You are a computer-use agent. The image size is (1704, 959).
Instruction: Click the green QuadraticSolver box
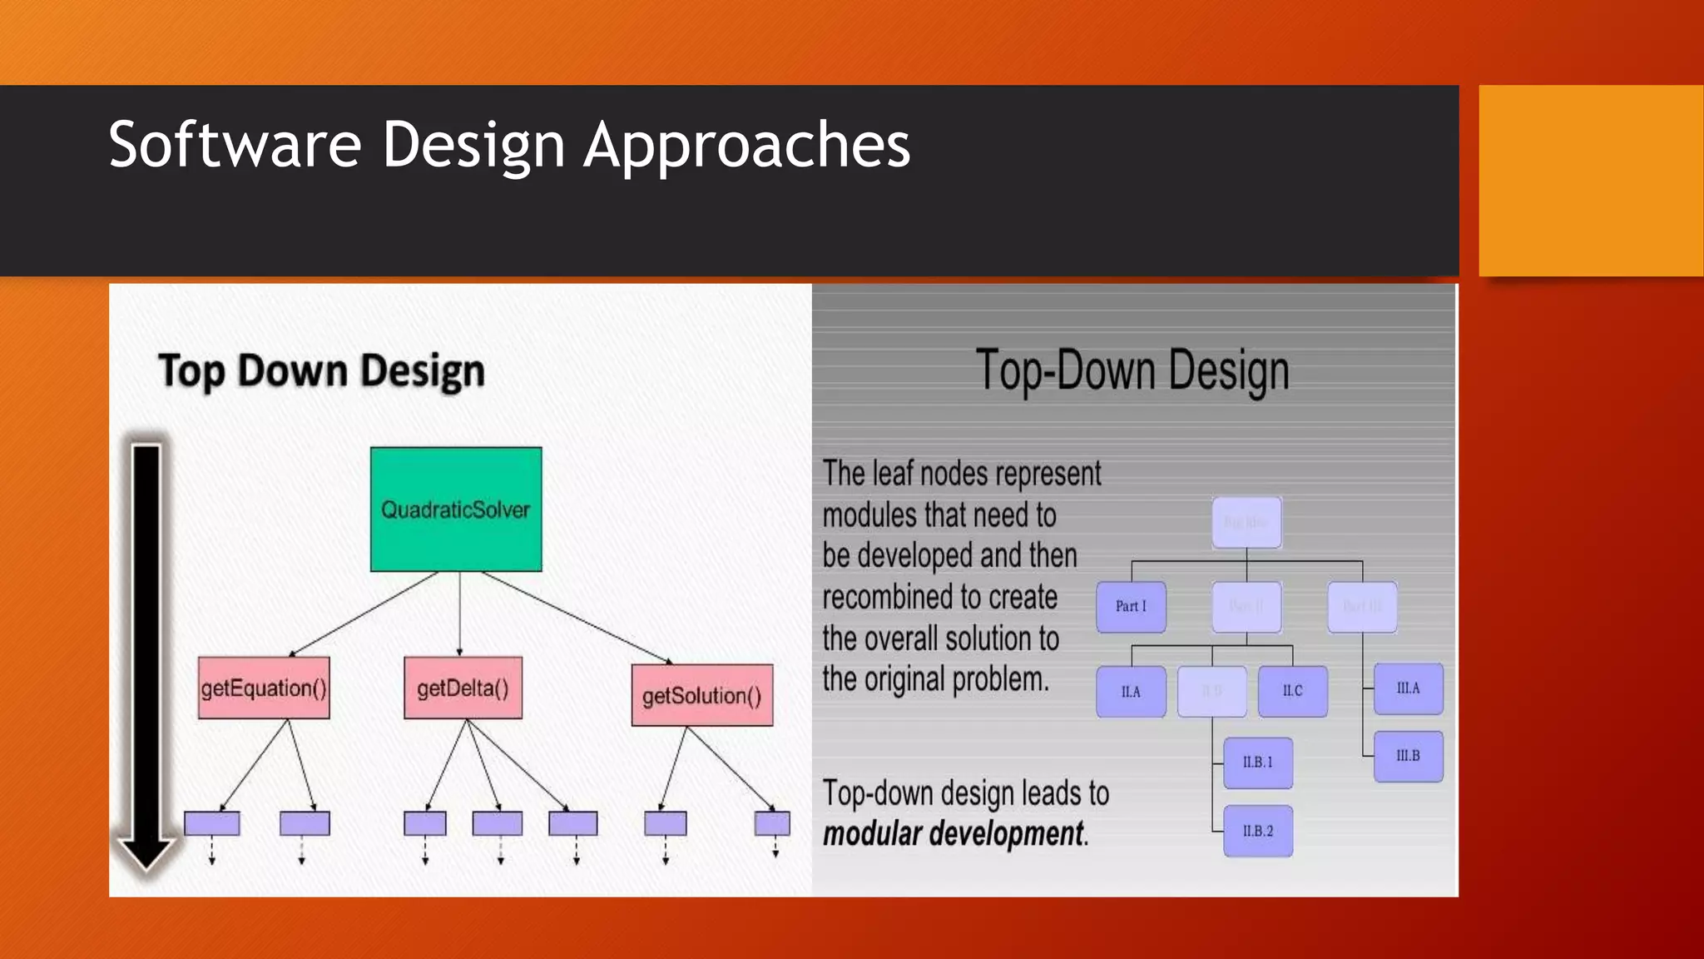coord(456,509)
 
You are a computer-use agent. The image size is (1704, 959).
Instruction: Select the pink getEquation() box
coord(264,688)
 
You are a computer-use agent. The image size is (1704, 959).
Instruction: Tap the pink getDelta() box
coord(463,688)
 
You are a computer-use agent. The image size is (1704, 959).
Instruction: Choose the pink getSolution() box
coord(701,695)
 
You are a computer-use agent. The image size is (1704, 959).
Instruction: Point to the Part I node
coord(1131,606)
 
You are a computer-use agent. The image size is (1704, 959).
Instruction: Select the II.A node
coord(1131,691)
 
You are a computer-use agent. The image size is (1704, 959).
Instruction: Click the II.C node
coord(1292,690)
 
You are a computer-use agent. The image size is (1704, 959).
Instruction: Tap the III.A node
coord(1408,688)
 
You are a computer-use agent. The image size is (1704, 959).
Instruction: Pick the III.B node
coord(1408,756)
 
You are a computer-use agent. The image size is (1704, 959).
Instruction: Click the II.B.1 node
coord(1257,762)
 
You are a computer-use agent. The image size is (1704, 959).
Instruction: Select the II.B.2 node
coord(1257,831)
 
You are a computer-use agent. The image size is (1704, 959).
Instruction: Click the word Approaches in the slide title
coord(746,146)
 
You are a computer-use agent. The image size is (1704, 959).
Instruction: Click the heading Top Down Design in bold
coord(321,370)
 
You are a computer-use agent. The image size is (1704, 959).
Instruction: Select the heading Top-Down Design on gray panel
coord(1132,370)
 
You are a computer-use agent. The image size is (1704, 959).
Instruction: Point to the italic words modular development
coord(954,833)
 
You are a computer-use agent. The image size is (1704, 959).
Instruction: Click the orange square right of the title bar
coord(1590,180)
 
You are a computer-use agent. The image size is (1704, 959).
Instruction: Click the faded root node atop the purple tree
coord(1246,522)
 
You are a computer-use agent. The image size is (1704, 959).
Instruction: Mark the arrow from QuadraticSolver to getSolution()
coord(576,617)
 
